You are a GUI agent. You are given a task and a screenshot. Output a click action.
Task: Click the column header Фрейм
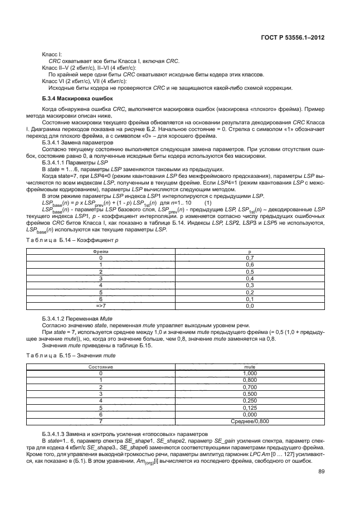click(101, 252)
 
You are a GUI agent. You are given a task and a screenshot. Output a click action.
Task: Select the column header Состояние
click(101, 367)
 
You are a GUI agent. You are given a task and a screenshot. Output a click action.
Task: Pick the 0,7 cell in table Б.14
click(250, 258)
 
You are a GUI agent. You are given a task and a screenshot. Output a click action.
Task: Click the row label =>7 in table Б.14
click(101, 306)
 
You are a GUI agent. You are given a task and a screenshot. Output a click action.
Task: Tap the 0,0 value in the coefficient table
click(250, 306)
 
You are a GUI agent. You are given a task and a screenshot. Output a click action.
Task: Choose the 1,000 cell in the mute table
click(250, 373)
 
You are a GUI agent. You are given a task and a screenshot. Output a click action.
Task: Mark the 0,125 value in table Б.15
click(250, 407)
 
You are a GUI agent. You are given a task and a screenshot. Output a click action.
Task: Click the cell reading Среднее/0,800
click(250, 421)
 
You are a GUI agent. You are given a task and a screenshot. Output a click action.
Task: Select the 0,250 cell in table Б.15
click(250, 400)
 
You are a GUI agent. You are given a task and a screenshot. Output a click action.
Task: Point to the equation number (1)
click(208, 203)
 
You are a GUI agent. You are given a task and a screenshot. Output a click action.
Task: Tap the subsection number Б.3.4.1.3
click(56, 433)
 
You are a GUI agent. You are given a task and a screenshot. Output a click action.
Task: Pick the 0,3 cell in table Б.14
click(250, 285)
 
